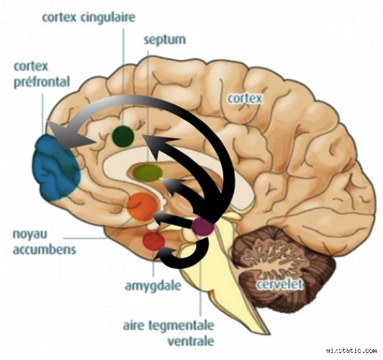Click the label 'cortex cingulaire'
(x=89, y=18)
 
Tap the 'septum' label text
(x=165, y=40)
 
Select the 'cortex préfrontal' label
(x=42, y=74)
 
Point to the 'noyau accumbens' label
(x=44, y=242)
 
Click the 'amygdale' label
(x=153, y=286)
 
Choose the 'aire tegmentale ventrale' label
(x=169, y=333)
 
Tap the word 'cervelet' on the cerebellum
(x=279, y=284)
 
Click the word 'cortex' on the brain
(x=245, y=98)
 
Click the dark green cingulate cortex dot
(x=123, y=136)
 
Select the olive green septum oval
(x=148, y=173)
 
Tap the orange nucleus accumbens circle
(x=142, y=207)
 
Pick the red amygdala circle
(x=153, y=241)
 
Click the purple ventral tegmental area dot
(x=202, y=227)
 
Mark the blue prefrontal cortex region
(x=57, y=168)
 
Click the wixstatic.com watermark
(x=351, y=351)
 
